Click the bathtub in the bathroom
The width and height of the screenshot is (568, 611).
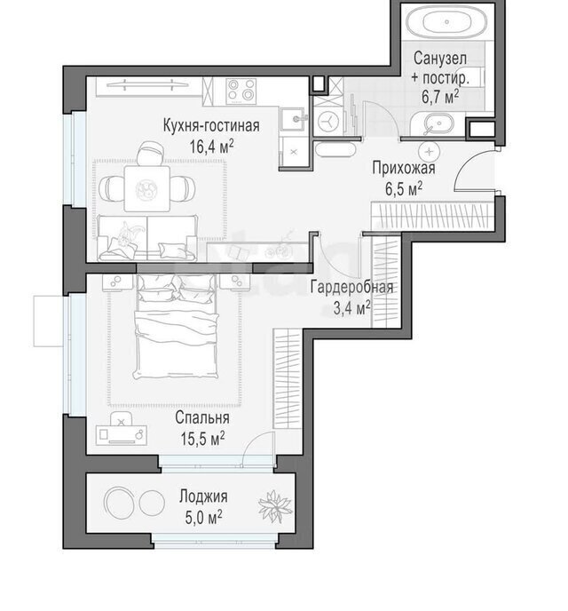(446, 22)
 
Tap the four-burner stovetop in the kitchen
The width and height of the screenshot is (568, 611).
(241, 91)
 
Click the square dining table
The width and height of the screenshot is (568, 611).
(146, 188)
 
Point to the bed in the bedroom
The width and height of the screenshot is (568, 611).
(176, 326)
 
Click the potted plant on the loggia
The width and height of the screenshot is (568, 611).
(275, 505)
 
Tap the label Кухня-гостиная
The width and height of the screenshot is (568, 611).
(211, 126)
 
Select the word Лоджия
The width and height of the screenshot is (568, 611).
(203, 496)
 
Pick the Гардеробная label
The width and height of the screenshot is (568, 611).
(351, 288)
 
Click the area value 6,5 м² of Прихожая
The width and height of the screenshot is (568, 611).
(404, 190)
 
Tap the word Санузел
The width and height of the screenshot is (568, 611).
(440, 59)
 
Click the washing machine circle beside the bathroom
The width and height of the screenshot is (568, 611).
(329, 121)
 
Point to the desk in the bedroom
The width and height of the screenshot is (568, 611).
(122, 435)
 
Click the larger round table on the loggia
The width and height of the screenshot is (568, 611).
(119, 503)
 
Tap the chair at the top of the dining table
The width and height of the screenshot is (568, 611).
(149, 153)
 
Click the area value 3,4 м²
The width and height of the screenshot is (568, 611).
(351, 309)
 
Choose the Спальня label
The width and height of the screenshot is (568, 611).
(202, 417)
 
